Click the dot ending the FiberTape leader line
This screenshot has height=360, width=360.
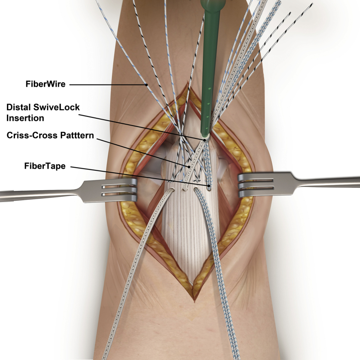pyautogui.click(x=209, y=185)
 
